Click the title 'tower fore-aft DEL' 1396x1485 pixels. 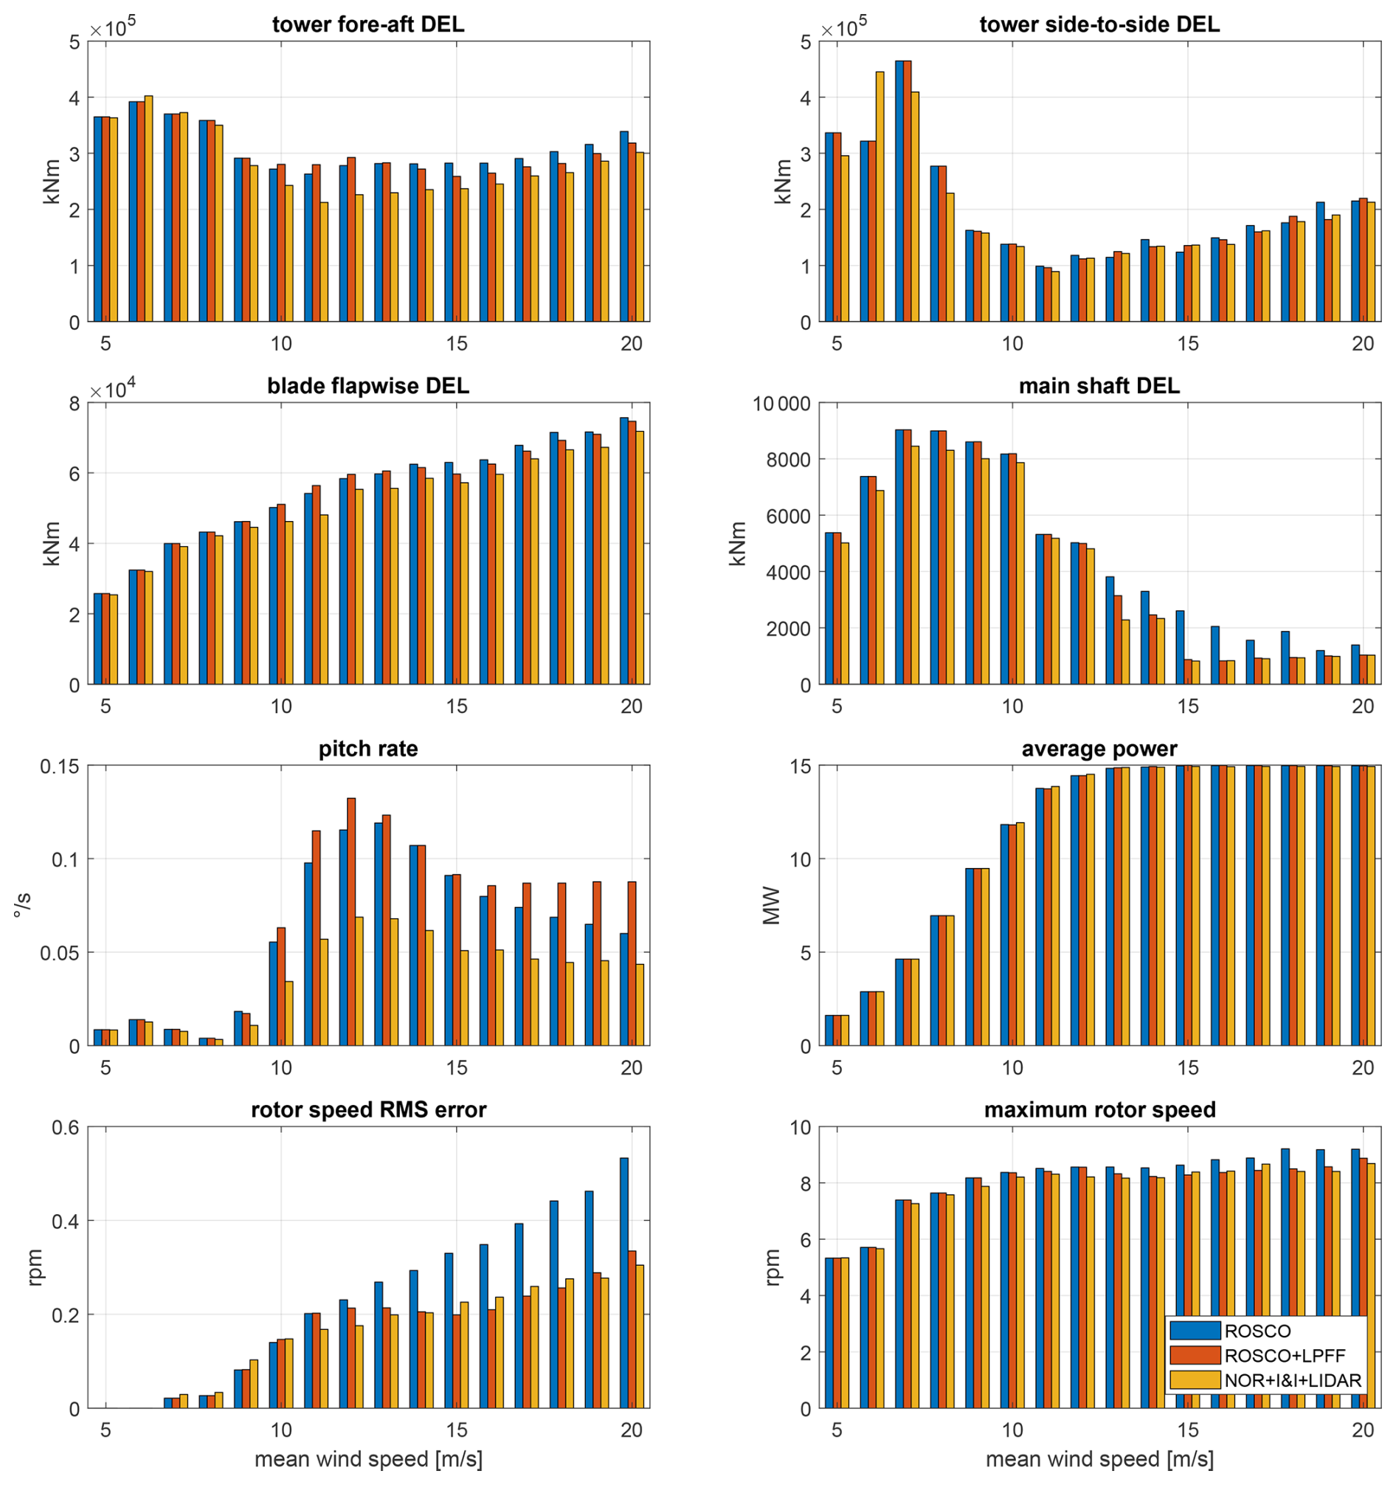(x=367, y=24)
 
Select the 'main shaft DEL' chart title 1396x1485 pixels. (x=1099, y=386)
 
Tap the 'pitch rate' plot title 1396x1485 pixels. (x=367, y=749)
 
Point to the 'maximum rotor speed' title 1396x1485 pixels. (x=1099, y=1110)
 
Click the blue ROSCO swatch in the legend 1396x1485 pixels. (x=1195, y=1331)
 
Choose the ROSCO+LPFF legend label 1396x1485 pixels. (x=1285, y=1356)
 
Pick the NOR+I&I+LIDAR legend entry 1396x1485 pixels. (x=1293, y=1380)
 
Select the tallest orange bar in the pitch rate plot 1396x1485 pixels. (x=351, y=922)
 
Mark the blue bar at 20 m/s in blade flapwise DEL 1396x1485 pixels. (x=623, y=551)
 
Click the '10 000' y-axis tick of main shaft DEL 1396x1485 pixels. (x=781, y=404)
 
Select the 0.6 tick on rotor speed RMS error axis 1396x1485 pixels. (x=66, y=1128)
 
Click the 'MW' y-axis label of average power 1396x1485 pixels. (x=771, y=906)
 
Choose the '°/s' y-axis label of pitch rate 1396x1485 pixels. (x=23, y=906)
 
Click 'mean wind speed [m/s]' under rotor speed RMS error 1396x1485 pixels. (x=367, y=1459)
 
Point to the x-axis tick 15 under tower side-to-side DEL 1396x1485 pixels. (x=1187, y=344)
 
